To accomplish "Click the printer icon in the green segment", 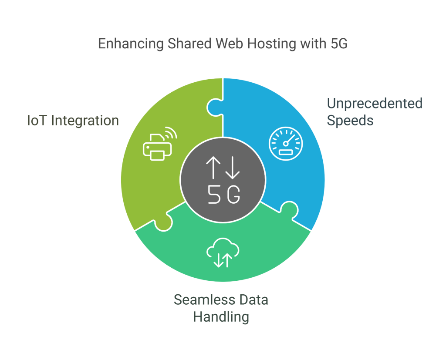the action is tap(157, 147).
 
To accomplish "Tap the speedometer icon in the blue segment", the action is tap(286, 144).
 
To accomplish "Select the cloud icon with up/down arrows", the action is tap(223, 253).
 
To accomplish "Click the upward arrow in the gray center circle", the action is tap(213, 168).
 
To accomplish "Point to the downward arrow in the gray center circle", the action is tap(233, 168).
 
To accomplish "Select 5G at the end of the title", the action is tap(339, 44).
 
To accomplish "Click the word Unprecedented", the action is tap(375, 104).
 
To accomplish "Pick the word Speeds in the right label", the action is tap(350, 121).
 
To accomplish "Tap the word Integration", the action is tap(85, 121).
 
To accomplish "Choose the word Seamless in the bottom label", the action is tap(205, 300).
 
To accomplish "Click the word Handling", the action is tap(221, 317).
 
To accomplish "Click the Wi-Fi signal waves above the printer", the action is tap(171, 133).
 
